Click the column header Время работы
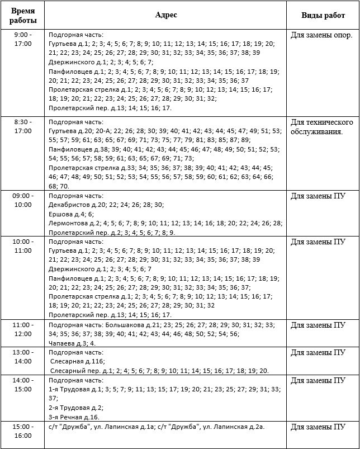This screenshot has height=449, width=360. point(23,16)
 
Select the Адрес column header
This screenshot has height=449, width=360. point(166,15)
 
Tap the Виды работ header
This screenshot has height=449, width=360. point(323,16)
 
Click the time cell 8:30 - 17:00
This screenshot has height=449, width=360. point(23,126)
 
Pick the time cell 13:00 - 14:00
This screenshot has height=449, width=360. point(23,357)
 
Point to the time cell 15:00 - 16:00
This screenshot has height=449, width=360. point(23,431)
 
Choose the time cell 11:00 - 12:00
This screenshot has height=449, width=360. point(23,329)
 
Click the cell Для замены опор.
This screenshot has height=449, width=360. point(321,35)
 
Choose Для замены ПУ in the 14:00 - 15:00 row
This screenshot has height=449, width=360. point(317,380)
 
